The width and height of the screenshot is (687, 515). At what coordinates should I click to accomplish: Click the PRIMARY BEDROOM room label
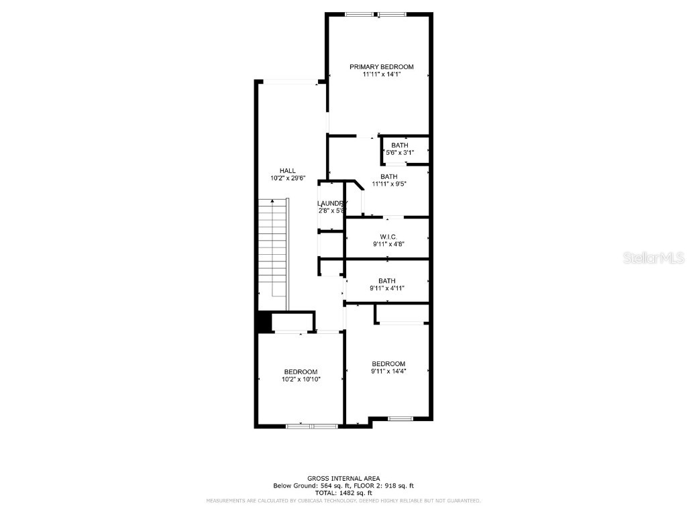pyautogui.click(x=381, y=67)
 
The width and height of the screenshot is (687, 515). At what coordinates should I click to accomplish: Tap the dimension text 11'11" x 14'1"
pyautogui.click(x=381, y=75)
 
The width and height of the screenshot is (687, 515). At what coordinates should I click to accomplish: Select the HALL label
pyautogui.click(x=288, y=170)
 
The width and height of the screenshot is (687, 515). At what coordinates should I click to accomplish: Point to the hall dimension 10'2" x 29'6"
pyautogui.click(x=288, y=178)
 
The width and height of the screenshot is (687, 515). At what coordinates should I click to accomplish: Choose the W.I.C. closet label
pyautogui.click(x=388, y=237)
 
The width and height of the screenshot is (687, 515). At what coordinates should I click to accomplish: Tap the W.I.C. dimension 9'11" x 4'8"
pyautogui.click(x=388, y=245)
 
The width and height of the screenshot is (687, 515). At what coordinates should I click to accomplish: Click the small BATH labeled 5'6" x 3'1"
pyautogui.click(x=400, y=146)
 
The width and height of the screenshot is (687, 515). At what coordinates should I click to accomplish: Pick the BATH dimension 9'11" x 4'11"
pyautogui.click(x=387, y=288)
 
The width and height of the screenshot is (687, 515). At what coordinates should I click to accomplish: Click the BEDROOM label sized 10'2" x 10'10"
pyautogui.click(x=301, y=371)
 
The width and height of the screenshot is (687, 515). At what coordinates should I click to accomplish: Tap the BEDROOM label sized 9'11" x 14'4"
pyautogui.click(x=388, y=364)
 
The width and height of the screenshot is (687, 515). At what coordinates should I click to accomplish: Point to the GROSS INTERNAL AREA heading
pyautogui.click(x=343, y=478)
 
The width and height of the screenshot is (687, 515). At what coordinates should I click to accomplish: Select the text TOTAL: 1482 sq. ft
pyautogui.click(x=343, y=493)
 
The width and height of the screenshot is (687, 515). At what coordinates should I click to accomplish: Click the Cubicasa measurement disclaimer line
pyautogui.click(x=343, y=501)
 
